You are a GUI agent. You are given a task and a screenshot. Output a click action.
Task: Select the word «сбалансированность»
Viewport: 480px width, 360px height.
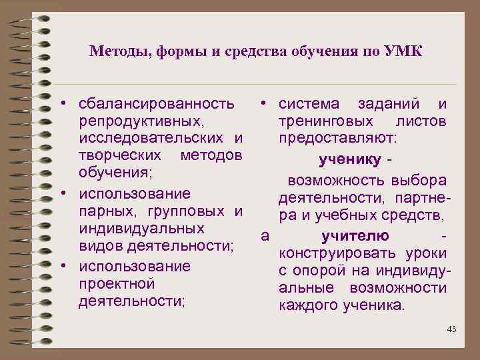(x=156, y=104)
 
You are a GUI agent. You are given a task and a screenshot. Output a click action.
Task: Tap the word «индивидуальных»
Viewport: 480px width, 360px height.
(x=141, y=229)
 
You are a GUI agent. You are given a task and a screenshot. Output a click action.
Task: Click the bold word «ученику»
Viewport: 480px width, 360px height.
(x=350, y=160)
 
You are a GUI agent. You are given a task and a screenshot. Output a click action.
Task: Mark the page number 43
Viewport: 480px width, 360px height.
(x=451, y=330)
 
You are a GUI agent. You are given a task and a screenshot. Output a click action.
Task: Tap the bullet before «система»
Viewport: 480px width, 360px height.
(x=265, y=104)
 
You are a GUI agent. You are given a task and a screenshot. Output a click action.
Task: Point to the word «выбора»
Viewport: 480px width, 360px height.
(x=419, y=181)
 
